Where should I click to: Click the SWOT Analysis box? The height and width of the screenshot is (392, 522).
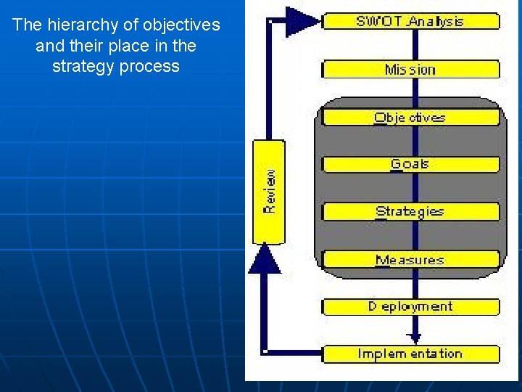[410, 21]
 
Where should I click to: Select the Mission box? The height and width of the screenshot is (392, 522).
[410, 70]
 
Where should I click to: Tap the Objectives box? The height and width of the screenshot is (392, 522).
[410, 118]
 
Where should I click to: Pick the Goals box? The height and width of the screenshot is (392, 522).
[410, 165]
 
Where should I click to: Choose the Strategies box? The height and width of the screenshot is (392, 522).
[410, 212]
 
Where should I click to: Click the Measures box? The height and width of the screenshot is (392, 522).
[410, 260]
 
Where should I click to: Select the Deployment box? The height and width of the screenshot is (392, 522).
[410, 307]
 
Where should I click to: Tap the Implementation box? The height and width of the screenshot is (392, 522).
[410, 354]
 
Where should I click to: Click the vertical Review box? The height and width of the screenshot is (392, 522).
[268, 192]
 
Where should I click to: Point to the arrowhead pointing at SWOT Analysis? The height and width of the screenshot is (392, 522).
[301, 21]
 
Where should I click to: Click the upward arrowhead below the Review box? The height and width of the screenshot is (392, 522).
[266, 259]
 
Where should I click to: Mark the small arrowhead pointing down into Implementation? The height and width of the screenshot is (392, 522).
[414, 338]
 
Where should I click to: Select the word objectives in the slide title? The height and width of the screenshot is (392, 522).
[181, 25]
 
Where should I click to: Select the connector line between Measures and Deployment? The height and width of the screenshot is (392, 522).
[414, 283]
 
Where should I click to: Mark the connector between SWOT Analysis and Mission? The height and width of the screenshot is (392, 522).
[414, 45]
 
